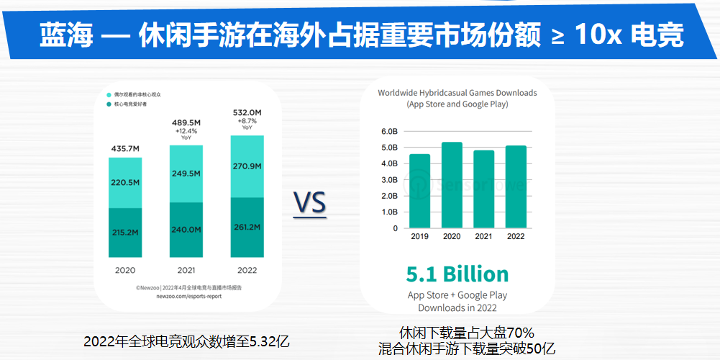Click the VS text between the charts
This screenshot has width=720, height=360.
point(310,204)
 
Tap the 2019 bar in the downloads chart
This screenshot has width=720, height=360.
point(419,191)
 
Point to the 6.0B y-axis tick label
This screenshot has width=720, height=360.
point(388,132)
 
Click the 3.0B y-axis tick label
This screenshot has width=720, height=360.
point(388,180)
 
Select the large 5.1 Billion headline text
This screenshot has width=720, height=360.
point(457,274)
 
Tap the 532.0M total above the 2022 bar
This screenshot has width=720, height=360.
point(247,113)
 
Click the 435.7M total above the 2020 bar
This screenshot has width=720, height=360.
point(125,149)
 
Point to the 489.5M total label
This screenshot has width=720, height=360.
point(186,123)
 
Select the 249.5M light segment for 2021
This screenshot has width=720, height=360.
point(186,174)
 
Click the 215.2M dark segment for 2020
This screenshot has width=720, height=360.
point(125,233)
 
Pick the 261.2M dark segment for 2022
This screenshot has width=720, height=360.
point(247,227)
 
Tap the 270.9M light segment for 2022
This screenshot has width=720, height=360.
point(247,166)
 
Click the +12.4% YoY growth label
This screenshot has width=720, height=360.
point(186,132)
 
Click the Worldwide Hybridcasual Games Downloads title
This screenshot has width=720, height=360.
point(457,93)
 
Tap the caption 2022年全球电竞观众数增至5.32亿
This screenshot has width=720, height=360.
point(186,341)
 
